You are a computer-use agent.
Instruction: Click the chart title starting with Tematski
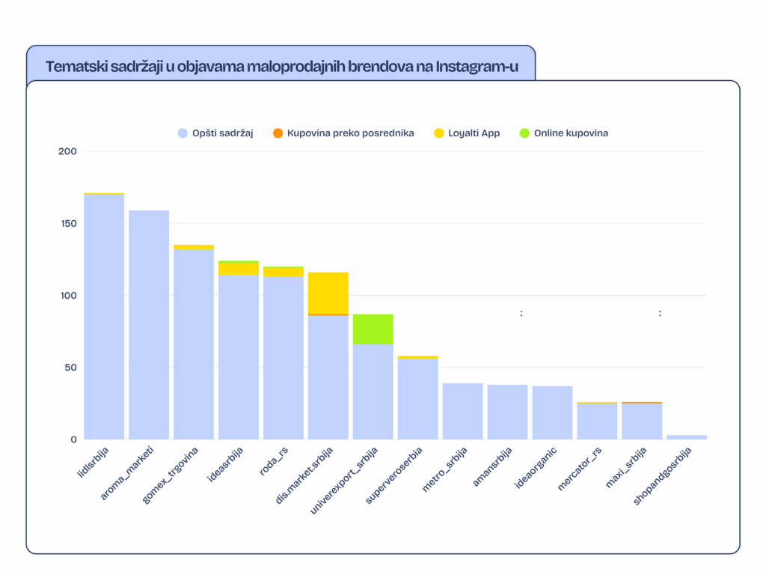(281, 67)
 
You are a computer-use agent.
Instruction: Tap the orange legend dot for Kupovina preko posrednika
(278, 133)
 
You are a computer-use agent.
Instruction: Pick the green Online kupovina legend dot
(524, 133)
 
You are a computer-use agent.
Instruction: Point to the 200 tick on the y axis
(67, 152)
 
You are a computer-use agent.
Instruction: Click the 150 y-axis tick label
(67, 224)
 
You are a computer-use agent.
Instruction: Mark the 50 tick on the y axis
(70, 368)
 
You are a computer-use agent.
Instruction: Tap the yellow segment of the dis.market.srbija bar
(328, 293)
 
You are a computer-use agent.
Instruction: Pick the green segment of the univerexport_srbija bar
(373, 329)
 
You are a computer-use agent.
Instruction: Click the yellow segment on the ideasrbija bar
(239, 269)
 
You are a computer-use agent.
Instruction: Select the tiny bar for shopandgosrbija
(687, 436)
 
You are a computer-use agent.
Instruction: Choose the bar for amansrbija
(508, 412)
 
